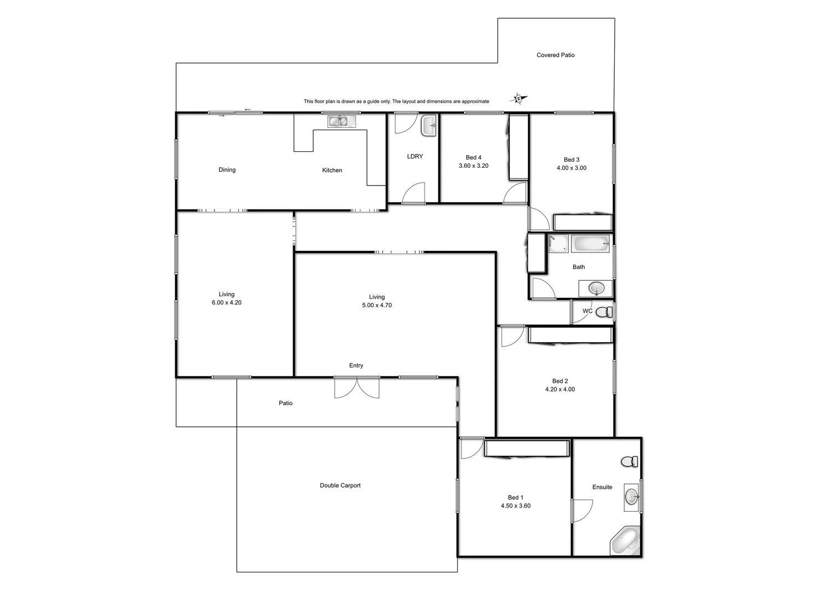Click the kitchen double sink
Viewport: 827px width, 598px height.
point(338,121)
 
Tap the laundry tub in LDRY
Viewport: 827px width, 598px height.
point(429,126)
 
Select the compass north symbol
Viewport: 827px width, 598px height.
point(518,99)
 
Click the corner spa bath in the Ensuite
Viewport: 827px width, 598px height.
point(625,541)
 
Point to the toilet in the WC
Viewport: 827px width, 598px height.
point(608,312)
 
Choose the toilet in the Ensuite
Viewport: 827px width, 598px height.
point(629,461)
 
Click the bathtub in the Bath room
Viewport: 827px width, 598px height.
point(590,244)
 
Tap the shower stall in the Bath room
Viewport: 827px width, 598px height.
point(558,244)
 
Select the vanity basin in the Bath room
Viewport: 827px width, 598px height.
point(596,288)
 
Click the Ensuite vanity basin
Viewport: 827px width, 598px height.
point(631,496)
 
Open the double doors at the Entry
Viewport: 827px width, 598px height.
point(357,387)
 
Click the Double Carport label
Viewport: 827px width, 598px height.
point(340,486)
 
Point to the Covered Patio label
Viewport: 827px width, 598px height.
point(555,55)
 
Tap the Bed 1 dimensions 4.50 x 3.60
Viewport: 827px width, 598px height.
point(515,506)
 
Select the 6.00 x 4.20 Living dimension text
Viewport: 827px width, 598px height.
point(226,303)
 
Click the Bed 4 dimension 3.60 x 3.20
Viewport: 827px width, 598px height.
point(473,166)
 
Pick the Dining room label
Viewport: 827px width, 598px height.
point(227,170)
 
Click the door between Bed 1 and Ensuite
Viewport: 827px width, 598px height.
point(581,509)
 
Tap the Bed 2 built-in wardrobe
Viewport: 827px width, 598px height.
point(570,335)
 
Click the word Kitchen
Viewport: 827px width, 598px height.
point(332,171)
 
